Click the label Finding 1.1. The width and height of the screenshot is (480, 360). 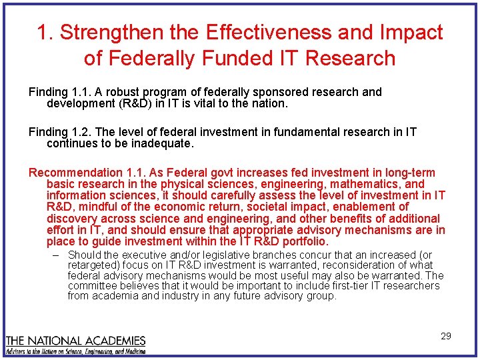coord(59,92)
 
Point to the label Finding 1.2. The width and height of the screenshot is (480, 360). coord(59,132)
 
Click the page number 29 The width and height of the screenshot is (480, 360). coord(446,336)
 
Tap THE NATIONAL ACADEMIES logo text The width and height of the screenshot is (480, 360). coord(75,341)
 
